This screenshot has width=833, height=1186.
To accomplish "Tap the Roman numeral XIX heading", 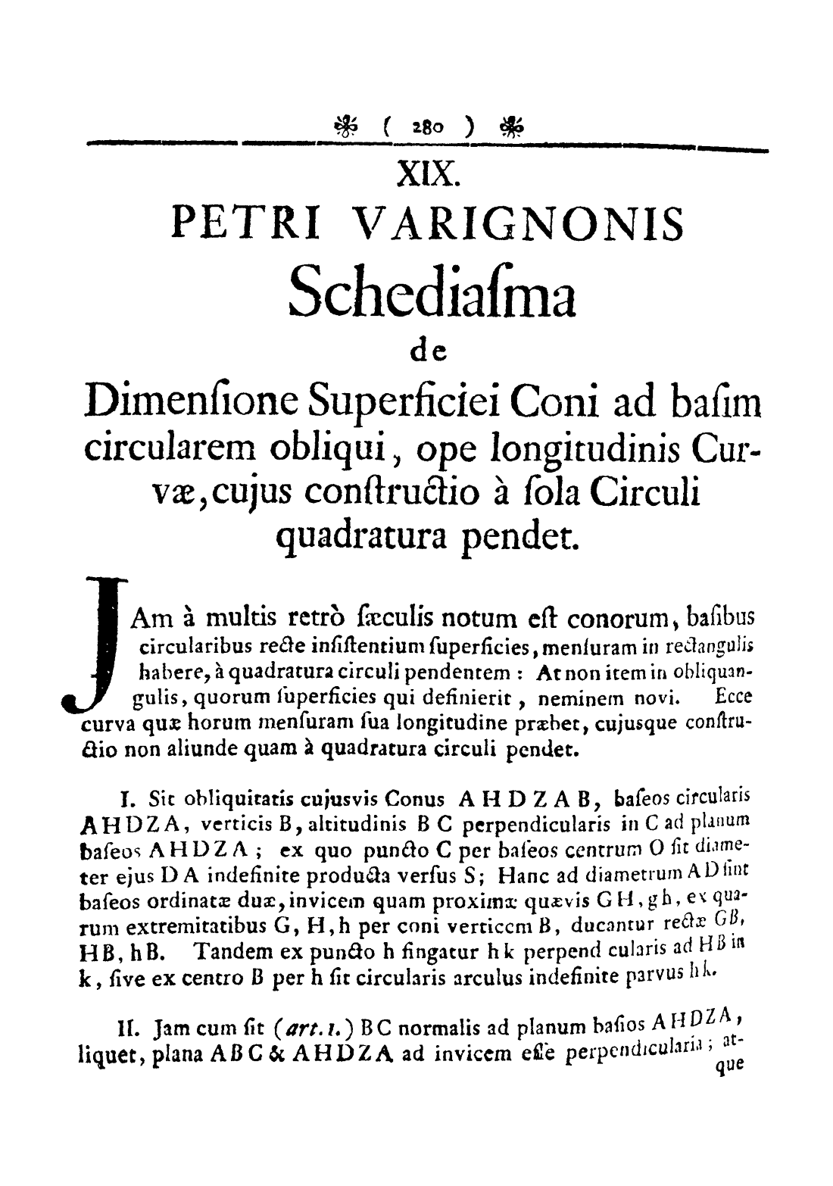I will (428, 176).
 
